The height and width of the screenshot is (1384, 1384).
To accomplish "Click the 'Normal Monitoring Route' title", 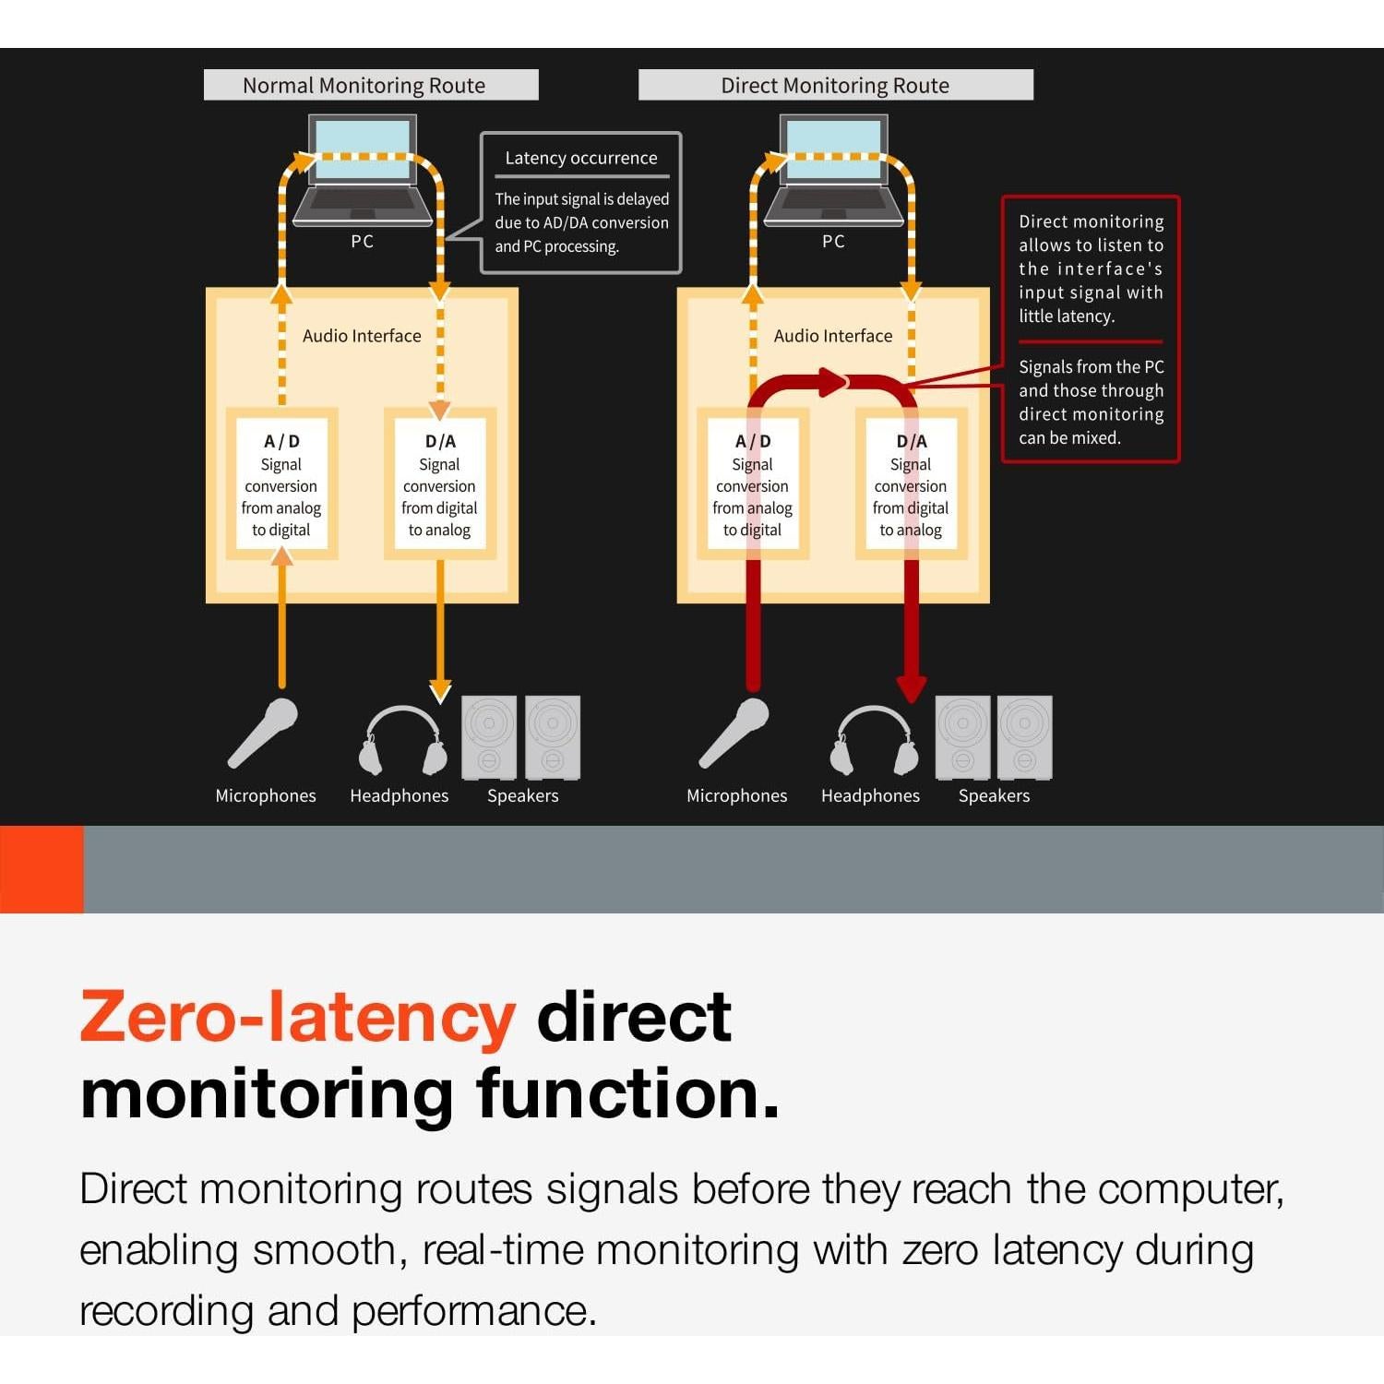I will pos(364,86).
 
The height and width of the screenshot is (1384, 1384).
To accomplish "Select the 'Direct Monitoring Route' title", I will pos(835,86).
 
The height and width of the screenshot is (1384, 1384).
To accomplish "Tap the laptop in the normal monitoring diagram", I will pos(363,171).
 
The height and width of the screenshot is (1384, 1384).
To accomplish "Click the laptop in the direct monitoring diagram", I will pos(834,171).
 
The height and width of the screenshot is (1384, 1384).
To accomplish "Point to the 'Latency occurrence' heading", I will pos(581,158).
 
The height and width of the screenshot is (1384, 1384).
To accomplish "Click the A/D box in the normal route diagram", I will pos(281,483).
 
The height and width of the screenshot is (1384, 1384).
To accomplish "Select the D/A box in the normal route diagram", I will pos(440,483).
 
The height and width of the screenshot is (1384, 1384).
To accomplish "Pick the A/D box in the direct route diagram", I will pos(753,483).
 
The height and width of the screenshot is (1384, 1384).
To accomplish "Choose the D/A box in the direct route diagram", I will pos(912,483).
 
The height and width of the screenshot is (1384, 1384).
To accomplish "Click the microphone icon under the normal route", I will pos(264,733).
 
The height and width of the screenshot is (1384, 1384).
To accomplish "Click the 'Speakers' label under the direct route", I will pos(994,795).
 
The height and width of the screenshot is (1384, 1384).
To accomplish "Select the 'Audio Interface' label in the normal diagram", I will pos(362,336).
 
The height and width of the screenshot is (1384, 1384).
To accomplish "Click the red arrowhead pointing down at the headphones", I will pos(912,687).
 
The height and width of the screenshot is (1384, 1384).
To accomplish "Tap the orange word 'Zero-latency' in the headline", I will pos(297,1017).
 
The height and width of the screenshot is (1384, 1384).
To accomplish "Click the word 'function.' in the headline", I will pos(627,1093).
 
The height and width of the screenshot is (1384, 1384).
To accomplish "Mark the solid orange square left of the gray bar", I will pos(42,869).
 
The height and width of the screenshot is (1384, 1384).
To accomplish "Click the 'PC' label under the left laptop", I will pos(363,242).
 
